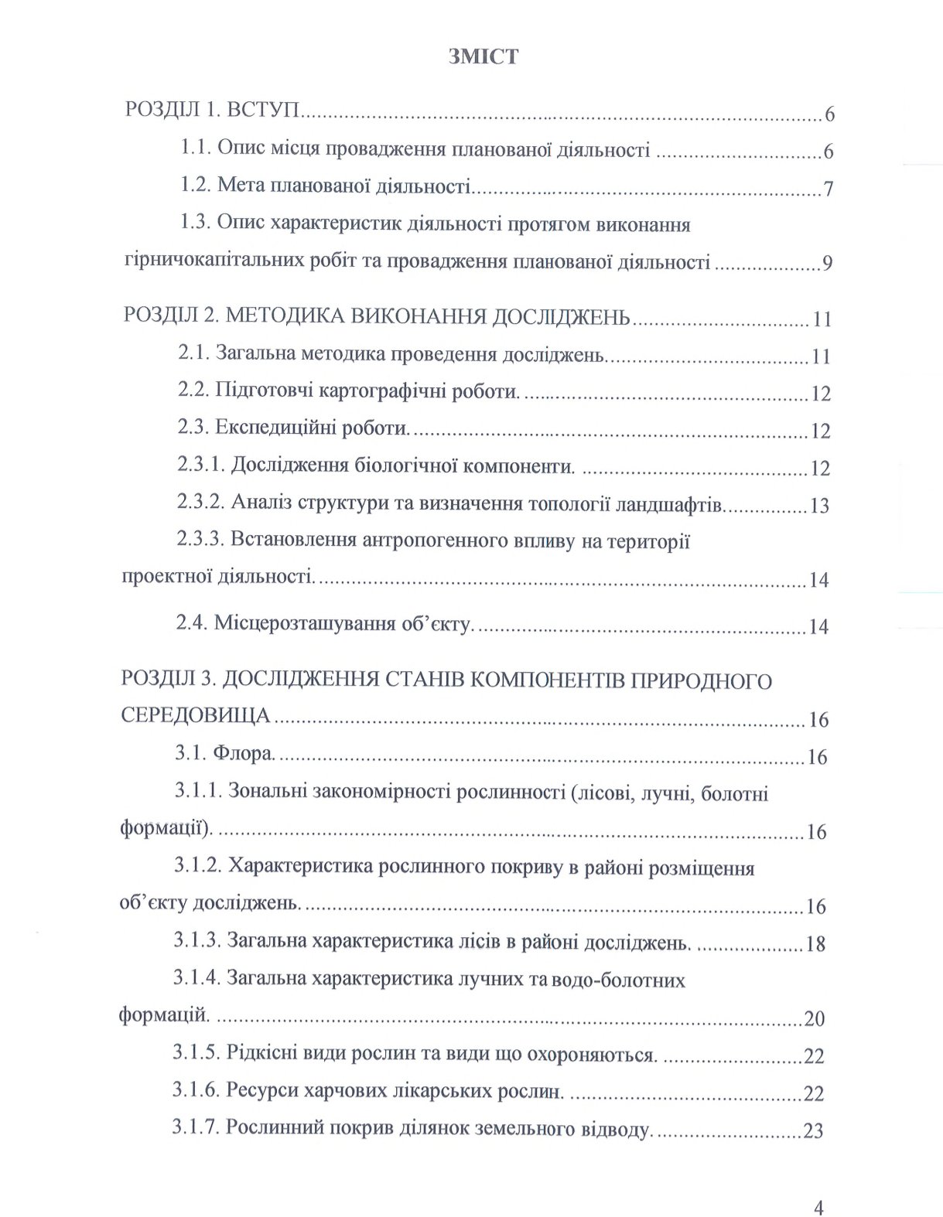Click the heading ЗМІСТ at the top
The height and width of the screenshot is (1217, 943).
(x=483, y=56)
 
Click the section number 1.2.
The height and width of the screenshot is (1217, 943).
(x=196, y=186)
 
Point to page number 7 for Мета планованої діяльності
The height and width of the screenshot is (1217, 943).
(x=828, y=189)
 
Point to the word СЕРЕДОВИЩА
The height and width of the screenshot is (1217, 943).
(x=196, y=716)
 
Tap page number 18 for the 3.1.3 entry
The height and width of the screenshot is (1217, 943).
(x=815, y=943)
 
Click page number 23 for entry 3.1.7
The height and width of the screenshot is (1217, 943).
(x=814, y=1130)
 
